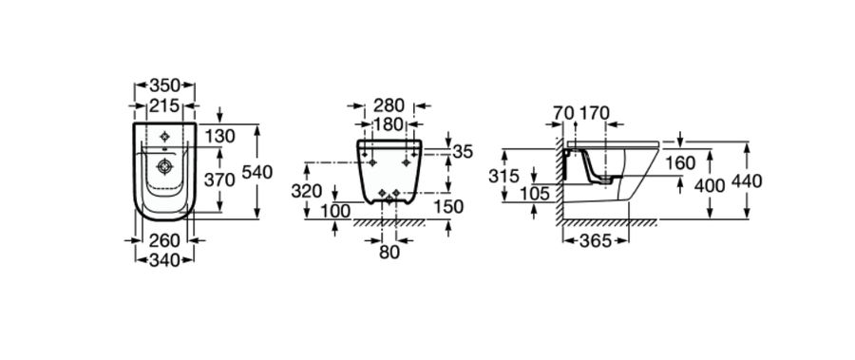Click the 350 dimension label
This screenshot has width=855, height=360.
tap(164, 85)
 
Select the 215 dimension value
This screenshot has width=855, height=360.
tap(164, 105)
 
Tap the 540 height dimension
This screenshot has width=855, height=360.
tap(256, 172)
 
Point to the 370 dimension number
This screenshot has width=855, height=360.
tap(219, 180)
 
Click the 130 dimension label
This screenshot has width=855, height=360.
tap(220, 137)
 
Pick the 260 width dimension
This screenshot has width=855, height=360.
tap(164, 240)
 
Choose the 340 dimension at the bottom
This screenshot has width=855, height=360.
tap(164, 260)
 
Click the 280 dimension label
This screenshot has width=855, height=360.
tap(389, 105)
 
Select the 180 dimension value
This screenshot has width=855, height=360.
tap(389, 124)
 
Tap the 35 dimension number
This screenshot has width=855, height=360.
tap(463, 152)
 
